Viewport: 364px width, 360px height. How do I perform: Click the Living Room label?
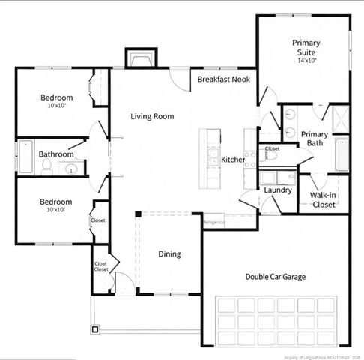[x=152, y=116]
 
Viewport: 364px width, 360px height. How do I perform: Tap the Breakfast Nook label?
[x=223, y=79]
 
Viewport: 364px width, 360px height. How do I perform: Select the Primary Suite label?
[x=306, y=48]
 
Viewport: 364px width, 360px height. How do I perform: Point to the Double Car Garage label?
[x=275, y=276]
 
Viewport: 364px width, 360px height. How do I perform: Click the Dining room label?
[x=169, y=253]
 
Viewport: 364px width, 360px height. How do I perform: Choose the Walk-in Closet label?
[x=323, y=199]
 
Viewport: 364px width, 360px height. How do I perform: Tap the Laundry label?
[x=277, y=190]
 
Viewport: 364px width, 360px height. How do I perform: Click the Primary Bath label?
[x=315, y=139]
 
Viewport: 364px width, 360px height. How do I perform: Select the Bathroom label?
[x=57, y=154]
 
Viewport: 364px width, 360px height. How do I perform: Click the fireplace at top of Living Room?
[x=140, y=59]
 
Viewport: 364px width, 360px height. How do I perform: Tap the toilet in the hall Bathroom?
[x=46, y=169]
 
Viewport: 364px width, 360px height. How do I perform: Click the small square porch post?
[x=95, y=328]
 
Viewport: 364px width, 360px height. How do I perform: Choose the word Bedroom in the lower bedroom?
[x=56, y=202]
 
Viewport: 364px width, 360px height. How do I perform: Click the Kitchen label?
[x=233, y=160]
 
